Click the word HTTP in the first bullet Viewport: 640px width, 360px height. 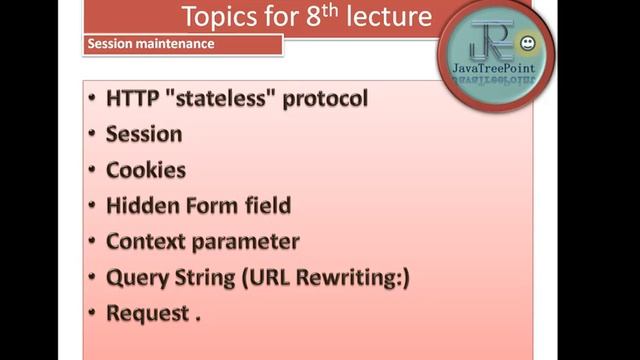pyautogui.click(x=136, y=99)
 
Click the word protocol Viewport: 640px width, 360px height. pyautogui.click(x=323, y=100)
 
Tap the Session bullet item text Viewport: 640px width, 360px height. pyautogui.click(x=144, y=134)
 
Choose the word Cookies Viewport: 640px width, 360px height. pyautogui.click(x=146, y=170)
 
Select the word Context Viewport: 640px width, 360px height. pyautogui.click(x=148, y=241)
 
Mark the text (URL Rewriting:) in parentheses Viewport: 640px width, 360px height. pyautogui.click(x=325, y=277)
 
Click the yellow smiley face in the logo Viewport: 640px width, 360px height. pyautogui.click(x=527, y=43)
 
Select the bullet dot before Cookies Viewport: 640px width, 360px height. pyautogui.click(x=92, y=170)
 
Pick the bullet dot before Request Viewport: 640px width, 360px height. pyautogui.click(x=92, y=313)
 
